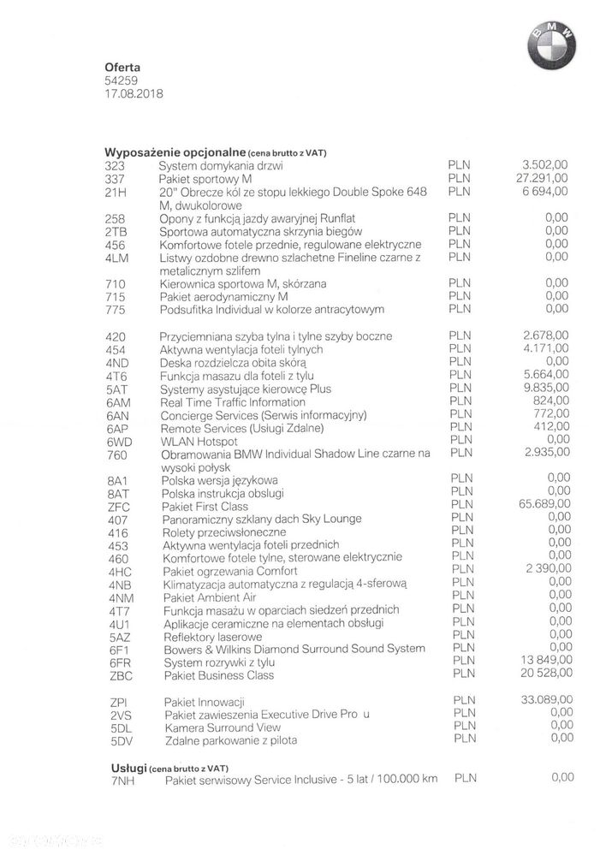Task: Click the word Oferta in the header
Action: (x=122, y=67)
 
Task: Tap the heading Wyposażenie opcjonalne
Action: (x=175, y=151)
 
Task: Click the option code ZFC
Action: (x=120, y=506)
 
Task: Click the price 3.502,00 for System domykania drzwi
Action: (x=544, y=165)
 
